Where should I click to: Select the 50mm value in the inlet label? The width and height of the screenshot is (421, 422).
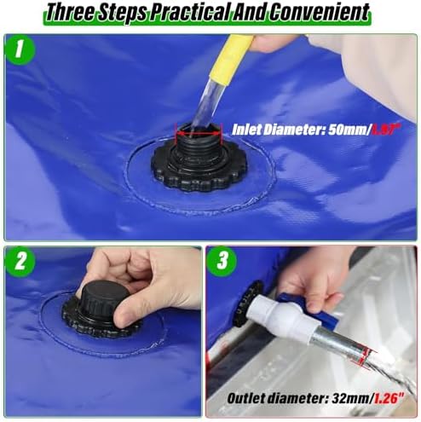(337, 130)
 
